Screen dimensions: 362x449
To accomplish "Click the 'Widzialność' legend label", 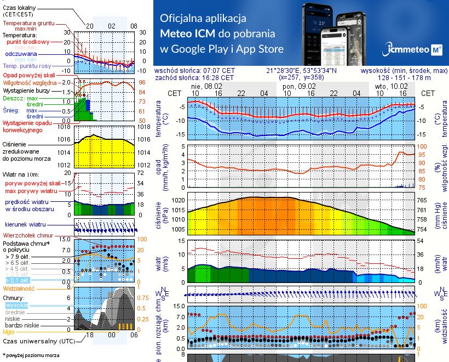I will point(19,288).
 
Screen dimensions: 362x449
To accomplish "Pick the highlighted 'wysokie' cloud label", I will point(16,305).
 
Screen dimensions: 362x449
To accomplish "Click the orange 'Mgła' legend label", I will point(9,331).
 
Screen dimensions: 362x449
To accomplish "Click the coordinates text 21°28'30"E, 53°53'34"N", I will point(301,71).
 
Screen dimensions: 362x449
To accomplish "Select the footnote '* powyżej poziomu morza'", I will point(31,355).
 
